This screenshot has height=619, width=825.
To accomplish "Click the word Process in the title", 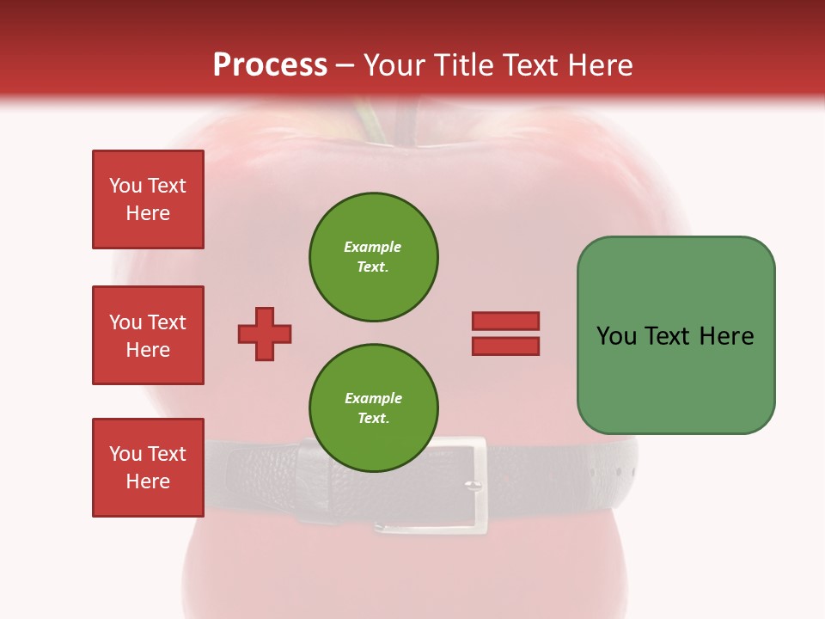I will (270, 65).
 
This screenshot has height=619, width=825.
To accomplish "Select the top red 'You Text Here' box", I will (148, 199).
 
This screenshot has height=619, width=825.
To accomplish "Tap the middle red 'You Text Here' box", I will (148, 335).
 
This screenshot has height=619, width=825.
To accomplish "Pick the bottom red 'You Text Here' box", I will (148, 468).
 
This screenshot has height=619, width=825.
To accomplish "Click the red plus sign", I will (265, 334).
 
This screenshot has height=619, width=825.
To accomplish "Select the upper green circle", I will (374, 256).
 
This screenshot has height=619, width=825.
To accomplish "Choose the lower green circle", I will (374, 408).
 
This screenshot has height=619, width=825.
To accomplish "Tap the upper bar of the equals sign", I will (505, 322).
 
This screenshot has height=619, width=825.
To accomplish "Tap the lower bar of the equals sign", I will (505, 346).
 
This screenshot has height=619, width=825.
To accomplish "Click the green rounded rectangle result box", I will (675, 335).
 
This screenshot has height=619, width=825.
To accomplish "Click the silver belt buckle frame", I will (480, 481).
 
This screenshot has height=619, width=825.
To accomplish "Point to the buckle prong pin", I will (471, 486).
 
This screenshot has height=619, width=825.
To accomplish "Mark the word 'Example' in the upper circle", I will (372, 247).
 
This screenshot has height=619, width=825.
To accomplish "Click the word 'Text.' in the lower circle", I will (373, 418).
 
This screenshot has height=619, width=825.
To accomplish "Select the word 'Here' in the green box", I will (726, 336).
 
